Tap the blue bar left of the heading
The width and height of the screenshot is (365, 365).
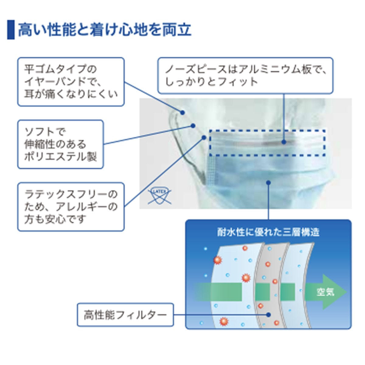pyautogui.click(x=11, y=30)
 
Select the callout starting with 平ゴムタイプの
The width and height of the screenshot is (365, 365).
pyautogui.click(x=71, y=82)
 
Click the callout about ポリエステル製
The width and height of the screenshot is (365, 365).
pyautogui.click(x=60, y=144)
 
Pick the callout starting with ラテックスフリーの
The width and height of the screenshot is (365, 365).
pyautogui.click(x=71, y=207)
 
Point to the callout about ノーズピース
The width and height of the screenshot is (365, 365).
pyautogui.click(x=245, y=75)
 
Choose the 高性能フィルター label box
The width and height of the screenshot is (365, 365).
pyautogui.click(x=125, y=315)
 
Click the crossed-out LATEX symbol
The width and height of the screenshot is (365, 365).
pyautogui.click(x=159, y=195)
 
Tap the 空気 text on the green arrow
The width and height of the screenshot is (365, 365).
pyautogui.click(x=325, y=292)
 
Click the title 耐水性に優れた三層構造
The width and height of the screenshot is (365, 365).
pyautogui.click(x=268, y=232)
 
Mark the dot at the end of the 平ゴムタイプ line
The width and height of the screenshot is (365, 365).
pyautogui.click(x=182, y=113)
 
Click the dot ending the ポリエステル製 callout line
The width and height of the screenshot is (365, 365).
pyautogui.click(x=193, y=125)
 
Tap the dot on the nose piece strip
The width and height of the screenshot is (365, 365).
pyautogui.click(x=283, y=142)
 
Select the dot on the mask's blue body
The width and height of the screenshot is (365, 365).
pyautogui.click(x=268, y=182)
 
